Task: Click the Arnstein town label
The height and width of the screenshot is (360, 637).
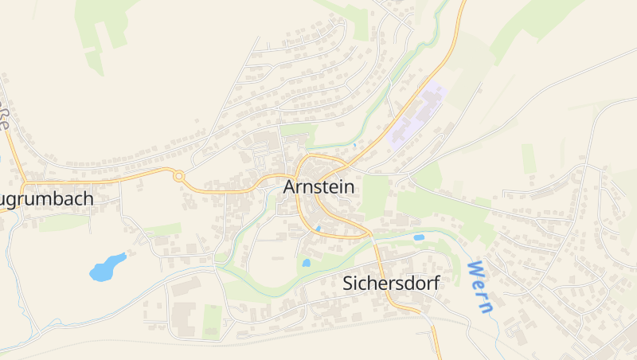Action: (x=318, y=186)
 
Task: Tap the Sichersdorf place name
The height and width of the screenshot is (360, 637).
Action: (x=391, y=283)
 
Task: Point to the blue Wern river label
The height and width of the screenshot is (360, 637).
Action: (x=481, y=286)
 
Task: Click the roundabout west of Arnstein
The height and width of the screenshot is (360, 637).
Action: (x=179, y=176)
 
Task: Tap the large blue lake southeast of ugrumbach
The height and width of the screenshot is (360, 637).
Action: (x=107, y=268)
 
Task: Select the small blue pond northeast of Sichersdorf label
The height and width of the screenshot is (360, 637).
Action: (x=419, y=237)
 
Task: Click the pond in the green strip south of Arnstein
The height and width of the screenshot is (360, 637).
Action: (x=306, y=262)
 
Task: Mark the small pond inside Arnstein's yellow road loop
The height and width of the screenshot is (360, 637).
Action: (x=318, y=229)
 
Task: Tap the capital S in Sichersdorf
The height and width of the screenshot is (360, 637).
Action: (x=348, y=283)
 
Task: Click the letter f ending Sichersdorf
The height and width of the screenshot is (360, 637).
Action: (x=436, y=283)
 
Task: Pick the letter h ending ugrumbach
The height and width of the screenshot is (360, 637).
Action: (x=89, y=198)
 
